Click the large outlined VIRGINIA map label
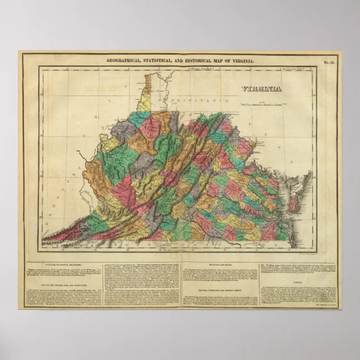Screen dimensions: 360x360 coord(262,88)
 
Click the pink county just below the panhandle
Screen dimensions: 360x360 coord(150,127)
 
